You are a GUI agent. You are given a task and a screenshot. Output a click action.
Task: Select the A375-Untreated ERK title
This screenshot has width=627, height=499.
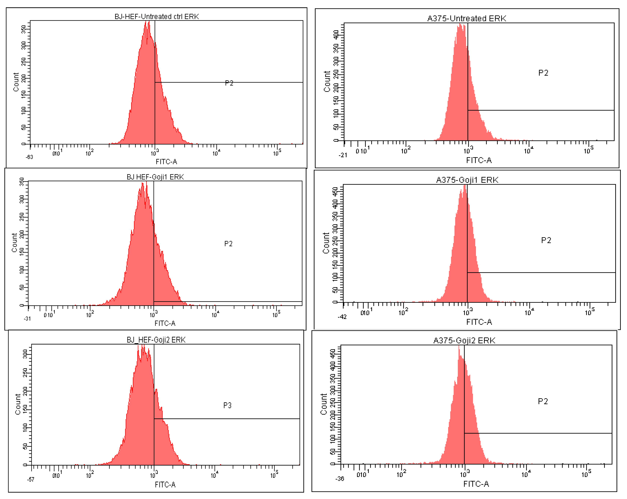click(x=466, y=18)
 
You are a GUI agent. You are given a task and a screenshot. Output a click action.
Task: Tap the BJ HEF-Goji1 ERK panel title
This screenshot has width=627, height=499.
click(x=155, y=177)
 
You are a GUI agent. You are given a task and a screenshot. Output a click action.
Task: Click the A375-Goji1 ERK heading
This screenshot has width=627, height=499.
click(x=467, y=180)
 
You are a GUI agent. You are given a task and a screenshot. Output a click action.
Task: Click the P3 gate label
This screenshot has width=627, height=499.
click(x=227, y=405)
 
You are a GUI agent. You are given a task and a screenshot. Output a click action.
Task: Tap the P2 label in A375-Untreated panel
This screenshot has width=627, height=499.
click(x=543, y=73)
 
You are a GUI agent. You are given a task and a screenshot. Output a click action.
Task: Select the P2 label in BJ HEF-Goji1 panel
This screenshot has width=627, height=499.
click(x=228, y=244)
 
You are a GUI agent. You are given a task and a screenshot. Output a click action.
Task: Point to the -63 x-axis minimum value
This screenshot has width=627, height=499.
click(x=29, y=157)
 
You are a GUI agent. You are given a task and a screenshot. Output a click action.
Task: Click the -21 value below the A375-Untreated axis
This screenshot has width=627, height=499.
click(x=343, y=155)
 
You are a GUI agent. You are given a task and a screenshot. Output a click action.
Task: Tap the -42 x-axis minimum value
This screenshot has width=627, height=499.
click(x=342, y=317)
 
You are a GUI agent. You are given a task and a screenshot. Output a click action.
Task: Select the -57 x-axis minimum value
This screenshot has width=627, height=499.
click(x=31, y=479)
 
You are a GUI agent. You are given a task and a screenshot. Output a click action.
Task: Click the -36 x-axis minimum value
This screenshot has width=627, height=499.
click(x=340, y=479)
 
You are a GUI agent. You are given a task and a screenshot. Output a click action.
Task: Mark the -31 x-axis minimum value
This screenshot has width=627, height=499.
click(x=27, y=319)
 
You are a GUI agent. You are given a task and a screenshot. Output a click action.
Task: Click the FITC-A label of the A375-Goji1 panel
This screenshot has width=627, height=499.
click(x=479, y=322)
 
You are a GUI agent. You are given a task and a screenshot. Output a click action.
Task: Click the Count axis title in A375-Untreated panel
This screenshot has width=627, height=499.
click(x=327, y=81)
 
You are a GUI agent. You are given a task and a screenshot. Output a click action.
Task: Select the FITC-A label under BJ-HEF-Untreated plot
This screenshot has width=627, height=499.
click(x=166, y=162)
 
